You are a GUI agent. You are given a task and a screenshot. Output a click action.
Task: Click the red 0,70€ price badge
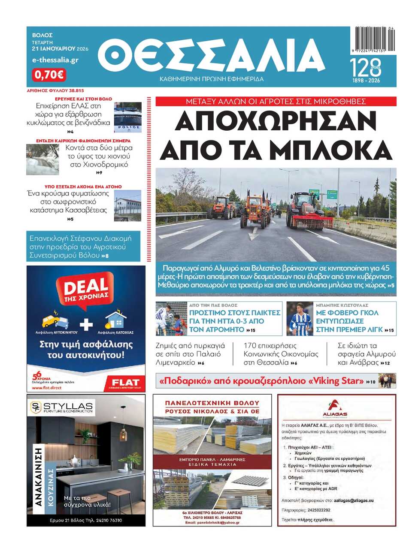click(x=48, y=75)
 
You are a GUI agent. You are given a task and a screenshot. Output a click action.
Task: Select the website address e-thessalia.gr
click(x=55, y=60)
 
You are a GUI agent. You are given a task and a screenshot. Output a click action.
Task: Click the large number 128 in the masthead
click(x=365, y=68)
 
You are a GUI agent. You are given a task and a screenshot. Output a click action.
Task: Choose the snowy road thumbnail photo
click(x=42, y=159)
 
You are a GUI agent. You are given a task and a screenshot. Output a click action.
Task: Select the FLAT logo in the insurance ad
click(x=125, y=382)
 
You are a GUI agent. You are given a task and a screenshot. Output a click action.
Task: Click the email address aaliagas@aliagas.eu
click(x=354, y=500)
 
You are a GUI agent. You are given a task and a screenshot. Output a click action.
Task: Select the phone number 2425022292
click(x=319, y=510)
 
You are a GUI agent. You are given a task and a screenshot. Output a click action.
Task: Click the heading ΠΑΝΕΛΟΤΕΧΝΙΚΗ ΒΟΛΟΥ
click(x=212, y=403)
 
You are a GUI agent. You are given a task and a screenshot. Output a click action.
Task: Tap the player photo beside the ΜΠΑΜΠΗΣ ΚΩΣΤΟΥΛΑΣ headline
click(x=299, y=319)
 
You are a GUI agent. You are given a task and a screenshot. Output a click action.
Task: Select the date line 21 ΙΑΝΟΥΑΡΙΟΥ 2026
click(x=60, y=49)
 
